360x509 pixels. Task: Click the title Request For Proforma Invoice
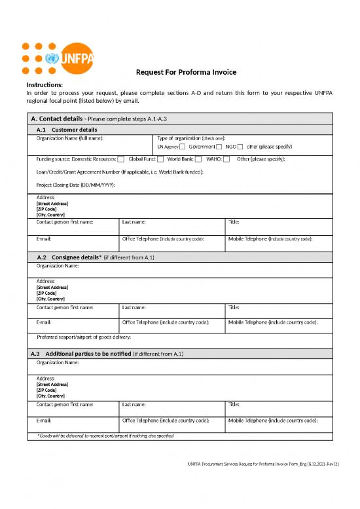tap(186, 72)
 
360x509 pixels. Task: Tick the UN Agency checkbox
tap(182, 147)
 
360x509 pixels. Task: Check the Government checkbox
tap(219, 147)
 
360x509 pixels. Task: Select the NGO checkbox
tap(241, 147)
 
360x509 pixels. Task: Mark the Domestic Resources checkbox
tap(121, 159)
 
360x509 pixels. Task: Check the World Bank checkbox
tap(198, 159)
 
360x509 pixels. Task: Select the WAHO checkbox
tap(226, 159)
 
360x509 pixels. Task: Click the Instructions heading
tap(45, 85)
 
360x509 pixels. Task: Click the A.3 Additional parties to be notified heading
tap(107, 354)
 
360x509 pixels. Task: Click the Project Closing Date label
tap(76, 185)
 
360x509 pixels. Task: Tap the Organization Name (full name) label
tap(70, 138)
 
